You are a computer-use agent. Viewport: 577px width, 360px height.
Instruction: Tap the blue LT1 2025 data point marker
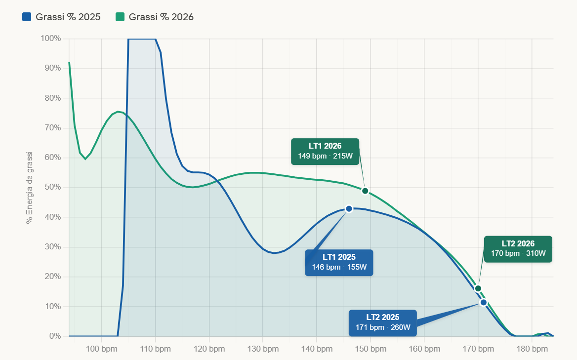[349, 209]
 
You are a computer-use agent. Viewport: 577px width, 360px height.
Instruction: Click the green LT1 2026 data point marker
[365, 191]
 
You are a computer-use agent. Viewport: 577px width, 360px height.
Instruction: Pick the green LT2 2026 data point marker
[478, 288]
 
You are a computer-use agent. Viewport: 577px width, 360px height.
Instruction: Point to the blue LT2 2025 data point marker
[483, 302]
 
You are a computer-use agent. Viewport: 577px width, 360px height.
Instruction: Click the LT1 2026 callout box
[325, 151]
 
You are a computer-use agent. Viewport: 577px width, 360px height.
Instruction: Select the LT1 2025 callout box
[339, 263]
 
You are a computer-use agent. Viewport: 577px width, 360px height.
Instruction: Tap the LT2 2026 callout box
[518, 249]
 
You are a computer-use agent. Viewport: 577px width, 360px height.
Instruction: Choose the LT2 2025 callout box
[382, 322]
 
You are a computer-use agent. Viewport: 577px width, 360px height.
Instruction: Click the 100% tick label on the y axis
[51, 39]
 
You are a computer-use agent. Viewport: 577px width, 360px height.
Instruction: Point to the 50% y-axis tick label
[53, 188]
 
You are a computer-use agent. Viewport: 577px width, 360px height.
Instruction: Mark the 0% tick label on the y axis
[55, 336]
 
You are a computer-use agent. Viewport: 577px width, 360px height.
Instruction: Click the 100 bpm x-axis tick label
[101, 349]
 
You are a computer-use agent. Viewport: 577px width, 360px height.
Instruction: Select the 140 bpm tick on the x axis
[317, 349]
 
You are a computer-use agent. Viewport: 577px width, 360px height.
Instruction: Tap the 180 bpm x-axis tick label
[532, 349]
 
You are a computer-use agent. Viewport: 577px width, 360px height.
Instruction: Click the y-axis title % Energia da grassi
[30, 188]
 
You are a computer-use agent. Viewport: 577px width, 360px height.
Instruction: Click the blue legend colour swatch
[27, 17]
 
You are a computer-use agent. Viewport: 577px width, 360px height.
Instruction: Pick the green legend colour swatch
[120, 17]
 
